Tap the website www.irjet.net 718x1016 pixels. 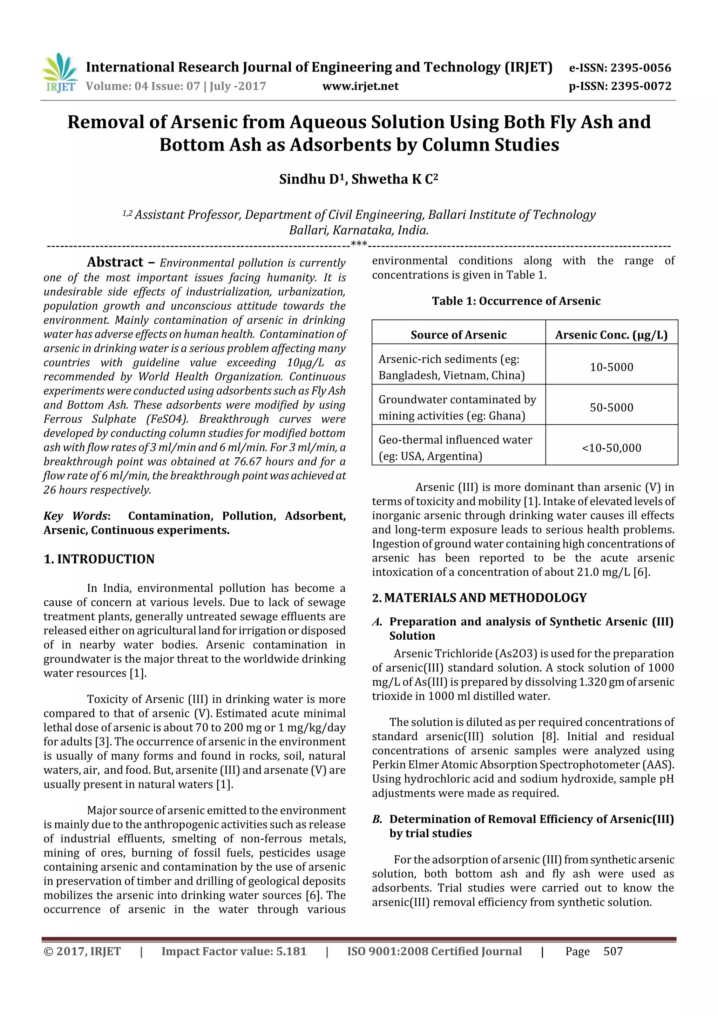click(360, 86)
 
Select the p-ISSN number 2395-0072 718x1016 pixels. click(641, 86)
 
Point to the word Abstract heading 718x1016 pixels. click(115, 262)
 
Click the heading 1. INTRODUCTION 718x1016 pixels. click(99, 559)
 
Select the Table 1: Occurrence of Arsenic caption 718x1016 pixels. click(516, 301)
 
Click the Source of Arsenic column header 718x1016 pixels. click(458, 335)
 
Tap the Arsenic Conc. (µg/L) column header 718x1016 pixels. click(611, 335)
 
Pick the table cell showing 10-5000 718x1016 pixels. click(611, 367)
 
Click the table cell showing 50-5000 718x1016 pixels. click(611, 407)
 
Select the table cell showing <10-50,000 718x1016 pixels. click(611, 448)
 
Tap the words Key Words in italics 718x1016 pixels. click(75, 516)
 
